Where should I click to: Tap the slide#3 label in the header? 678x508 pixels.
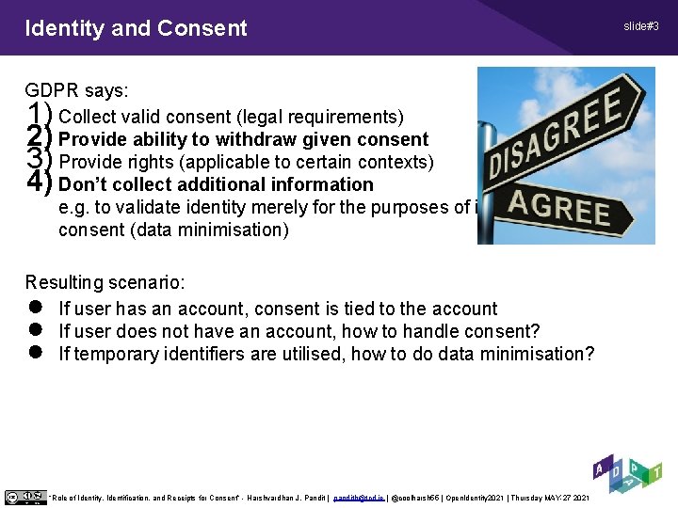point(639,25)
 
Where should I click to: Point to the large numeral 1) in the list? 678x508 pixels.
point(39,116)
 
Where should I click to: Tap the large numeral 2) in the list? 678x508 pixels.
point(39,138)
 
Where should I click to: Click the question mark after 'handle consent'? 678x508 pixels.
point(535,331)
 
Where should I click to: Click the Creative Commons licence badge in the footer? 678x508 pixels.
point(24,497)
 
